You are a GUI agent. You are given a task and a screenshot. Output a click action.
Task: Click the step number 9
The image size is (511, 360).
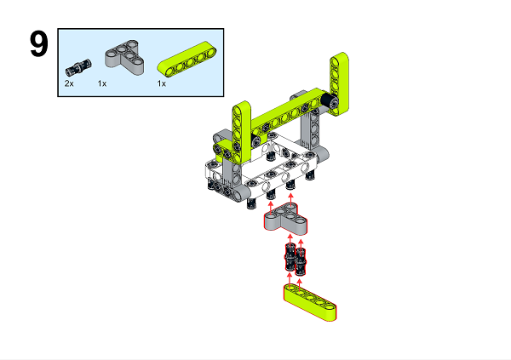click(38, 45)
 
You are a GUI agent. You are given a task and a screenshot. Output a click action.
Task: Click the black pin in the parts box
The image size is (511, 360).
click(78, 66)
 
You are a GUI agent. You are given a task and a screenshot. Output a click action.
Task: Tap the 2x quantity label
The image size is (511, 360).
click(70, 83)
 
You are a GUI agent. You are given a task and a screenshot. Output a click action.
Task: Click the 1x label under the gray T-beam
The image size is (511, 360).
click(102, 83)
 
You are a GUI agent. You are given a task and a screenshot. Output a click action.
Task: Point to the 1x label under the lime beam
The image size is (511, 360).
click(162, 83)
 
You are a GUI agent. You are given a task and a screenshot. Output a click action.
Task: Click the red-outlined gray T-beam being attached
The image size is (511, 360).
click(284, 221)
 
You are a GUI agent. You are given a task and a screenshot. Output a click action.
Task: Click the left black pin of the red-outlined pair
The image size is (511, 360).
click(290, 257)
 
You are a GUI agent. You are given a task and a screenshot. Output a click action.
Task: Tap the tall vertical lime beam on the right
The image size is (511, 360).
click(339, 82)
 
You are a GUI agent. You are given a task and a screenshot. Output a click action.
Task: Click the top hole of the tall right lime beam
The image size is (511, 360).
click(339, 60)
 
